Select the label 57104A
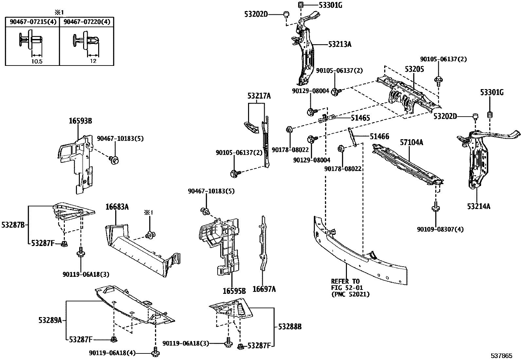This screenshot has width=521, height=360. pos(411,142)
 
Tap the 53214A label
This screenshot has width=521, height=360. pos(478,206)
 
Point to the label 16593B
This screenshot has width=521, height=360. pos(80,121)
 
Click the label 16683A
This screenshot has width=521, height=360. pos(117,207)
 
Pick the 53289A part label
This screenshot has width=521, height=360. pos(50,320)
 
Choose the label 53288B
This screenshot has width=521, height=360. pos(290,326)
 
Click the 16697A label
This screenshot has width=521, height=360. pos(264,289)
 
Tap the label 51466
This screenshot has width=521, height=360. pos(379,136)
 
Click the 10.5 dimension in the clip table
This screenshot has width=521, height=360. pos(37,61)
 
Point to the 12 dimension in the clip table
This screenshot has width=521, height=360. pos(93,61)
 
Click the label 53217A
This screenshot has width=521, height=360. pos(259,96)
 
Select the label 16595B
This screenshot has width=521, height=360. pos(234,291)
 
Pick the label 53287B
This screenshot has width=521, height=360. pos(13,225)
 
